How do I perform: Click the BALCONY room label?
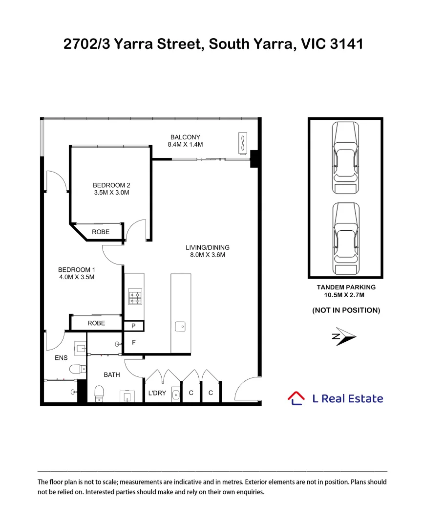185,137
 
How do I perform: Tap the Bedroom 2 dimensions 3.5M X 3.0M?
111,193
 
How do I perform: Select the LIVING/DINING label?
207,247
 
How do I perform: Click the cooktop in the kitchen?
135,297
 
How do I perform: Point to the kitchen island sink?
180,326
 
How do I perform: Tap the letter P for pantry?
133,326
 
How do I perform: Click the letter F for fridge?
134,342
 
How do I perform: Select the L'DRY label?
157,393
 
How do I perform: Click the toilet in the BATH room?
99,394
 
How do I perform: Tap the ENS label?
61,358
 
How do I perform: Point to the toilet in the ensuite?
78,369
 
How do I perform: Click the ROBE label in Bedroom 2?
101,232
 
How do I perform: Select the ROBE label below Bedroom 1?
96,323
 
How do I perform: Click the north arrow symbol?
344,336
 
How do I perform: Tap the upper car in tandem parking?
345,158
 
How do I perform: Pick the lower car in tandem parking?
346,239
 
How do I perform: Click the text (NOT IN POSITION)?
346,310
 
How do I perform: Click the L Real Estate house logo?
296,398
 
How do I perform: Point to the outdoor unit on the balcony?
243,143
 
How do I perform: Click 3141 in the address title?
347,44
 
